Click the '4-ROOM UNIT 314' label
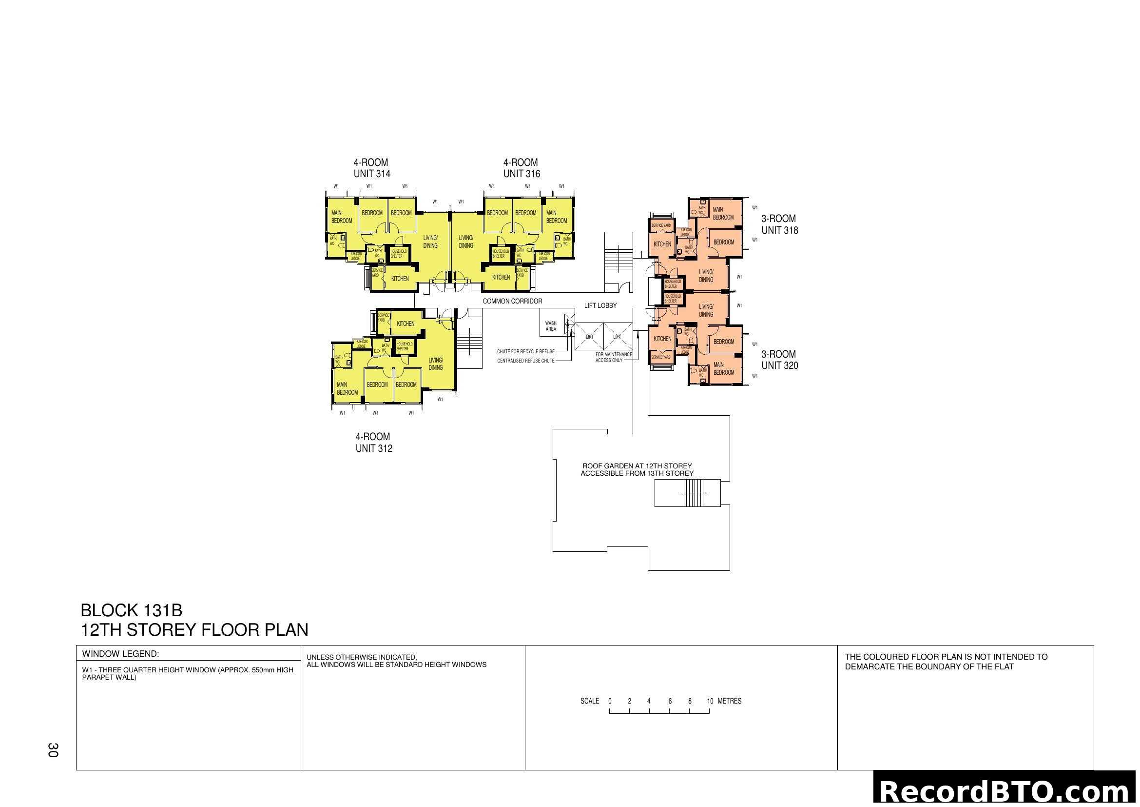[x=371, y=168]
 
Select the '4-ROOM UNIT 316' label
[x=522, y=168]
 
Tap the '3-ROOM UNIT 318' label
[x=779, y=224]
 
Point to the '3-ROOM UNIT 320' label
[x=779, y=360]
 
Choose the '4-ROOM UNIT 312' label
[x=373, y=442]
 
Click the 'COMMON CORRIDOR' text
[x=512, y=301]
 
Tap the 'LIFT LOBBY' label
[x=600, y=305]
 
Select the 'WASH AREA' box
[x=551, y=326]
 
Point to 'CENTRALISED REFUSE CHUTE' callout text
[x=525, y=361]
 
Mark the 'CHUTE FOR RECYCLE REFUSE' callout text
[x=525, y=351]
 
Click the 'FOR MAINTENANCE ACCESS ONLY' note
[x=613, y=357]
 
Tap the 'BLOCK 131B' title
[x=131, y=610]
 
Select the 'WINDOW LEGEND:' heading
[x=120, y=654]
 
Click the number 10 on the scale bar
[x=710, y=701]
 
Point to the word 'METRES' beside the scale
[x=730, y=701]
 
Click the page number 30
[x=53, y=750]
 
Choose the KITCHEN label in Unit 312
[x=405, y=323]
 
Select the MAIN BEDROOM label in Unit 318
[x=722, y=213]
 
